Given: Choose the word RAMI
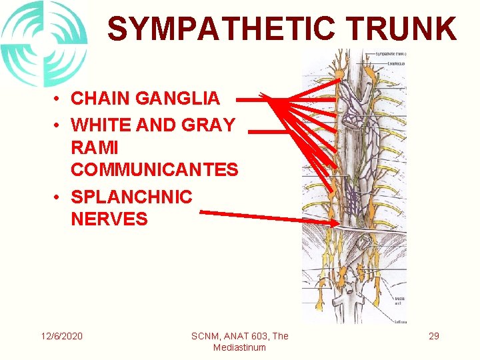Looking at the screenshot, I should [x=94, y=147].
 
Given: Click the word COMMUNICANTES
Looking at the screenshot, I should [x=154, y=170].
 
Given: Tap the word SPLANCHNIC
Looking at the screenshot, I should [x=131, y=197].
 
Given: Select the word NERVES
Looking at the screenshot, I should [x=109, y=219].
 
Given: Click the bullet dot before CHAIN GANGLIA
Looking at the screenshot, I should [x=59, y=99].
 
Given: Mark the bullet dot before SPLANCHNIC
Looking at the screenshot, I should [x=59, y=197].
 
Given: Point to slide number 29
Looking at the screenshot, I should [x=434, y=336].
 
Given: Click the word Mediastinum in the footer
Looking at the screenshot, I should [x=239, y=347].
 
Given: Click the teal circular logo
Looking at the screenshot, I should [x=44, y=43].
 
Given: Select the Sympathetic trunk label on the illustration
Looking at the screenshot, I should [x=391, y=54].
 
